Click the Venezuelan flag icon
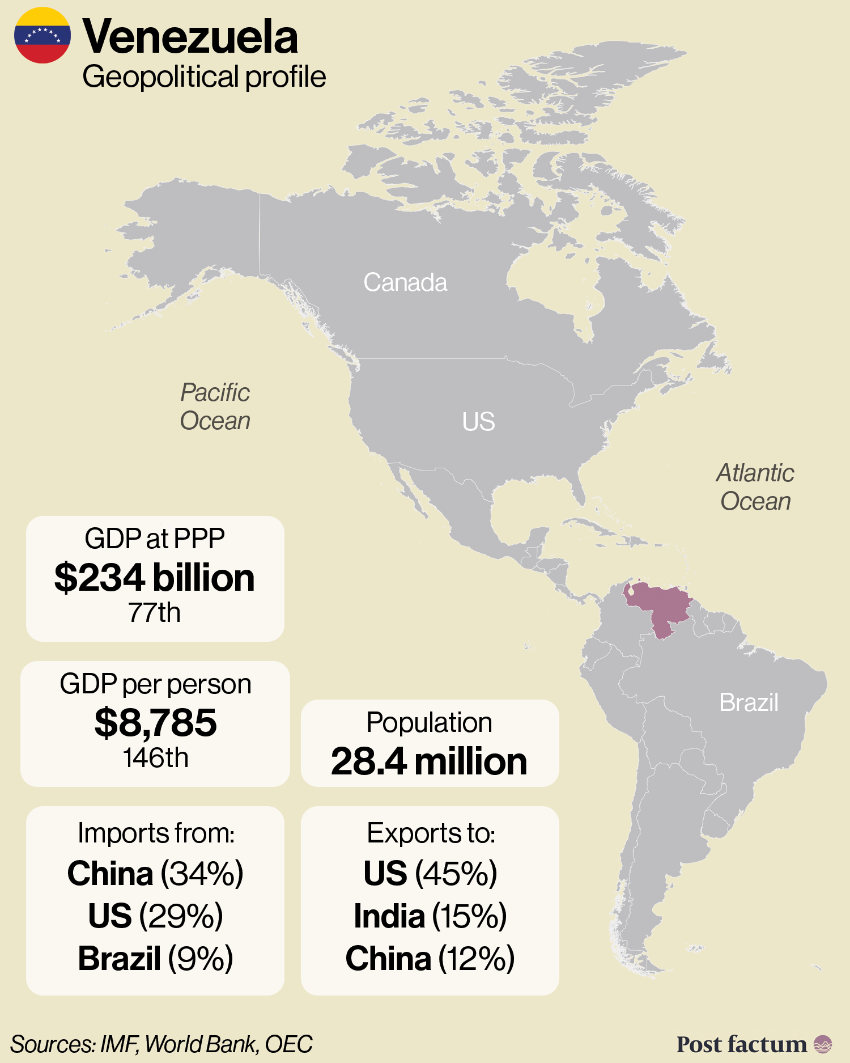click(42, 35)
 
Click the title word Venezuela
click(190, 37)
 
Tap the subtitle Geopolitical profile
click(204, 77)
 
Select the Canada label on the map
click(405, 282)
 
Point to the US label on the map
click(478, 422)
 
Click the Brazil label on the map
click(749, 702)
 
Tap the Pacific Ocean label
click(215, 406)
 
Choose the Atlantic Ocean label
click(755, 487)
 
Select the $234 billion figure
click(155, 578)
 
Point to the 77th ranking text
click(154, 613)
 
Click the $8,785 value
click(155, 722)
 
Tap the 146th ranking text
click(155, 758)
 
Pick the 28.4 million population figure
click(430, 761)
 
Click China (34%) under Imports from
click(155, 873)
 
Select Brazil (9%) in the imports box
click(155, 958)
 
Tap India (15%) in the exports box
click(430, 916)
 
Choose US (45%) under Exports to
click(430, 873)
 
